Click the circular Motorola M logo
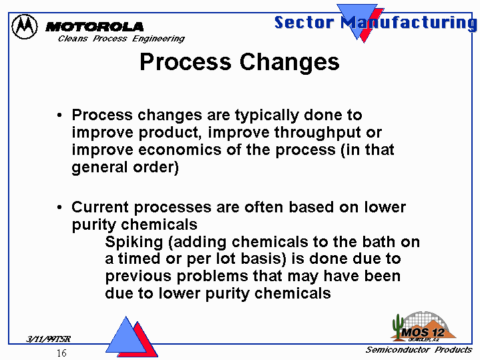tap(25, 27)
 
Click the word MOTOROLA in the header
tap(94, 27)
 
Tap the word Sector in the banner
tap(304, 22)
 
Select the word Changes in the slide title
tap(289, 62)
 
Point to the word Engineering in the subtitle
tap(158, 39)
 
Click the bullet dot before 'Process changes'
tap(59, 116)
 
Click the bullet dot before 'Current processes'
tap(59, 208)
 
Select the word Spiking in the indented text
tap(134, 242)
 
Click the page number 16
tap(61, 353)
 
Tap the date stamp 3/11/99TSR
tap(48, 339)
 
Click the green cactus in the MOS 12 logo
tap(398, 327)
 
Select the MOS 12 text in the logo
tap(423, 332)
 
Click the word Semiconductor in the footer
tap(398, 349)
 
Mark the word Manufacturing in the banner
tap(409, 23)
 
